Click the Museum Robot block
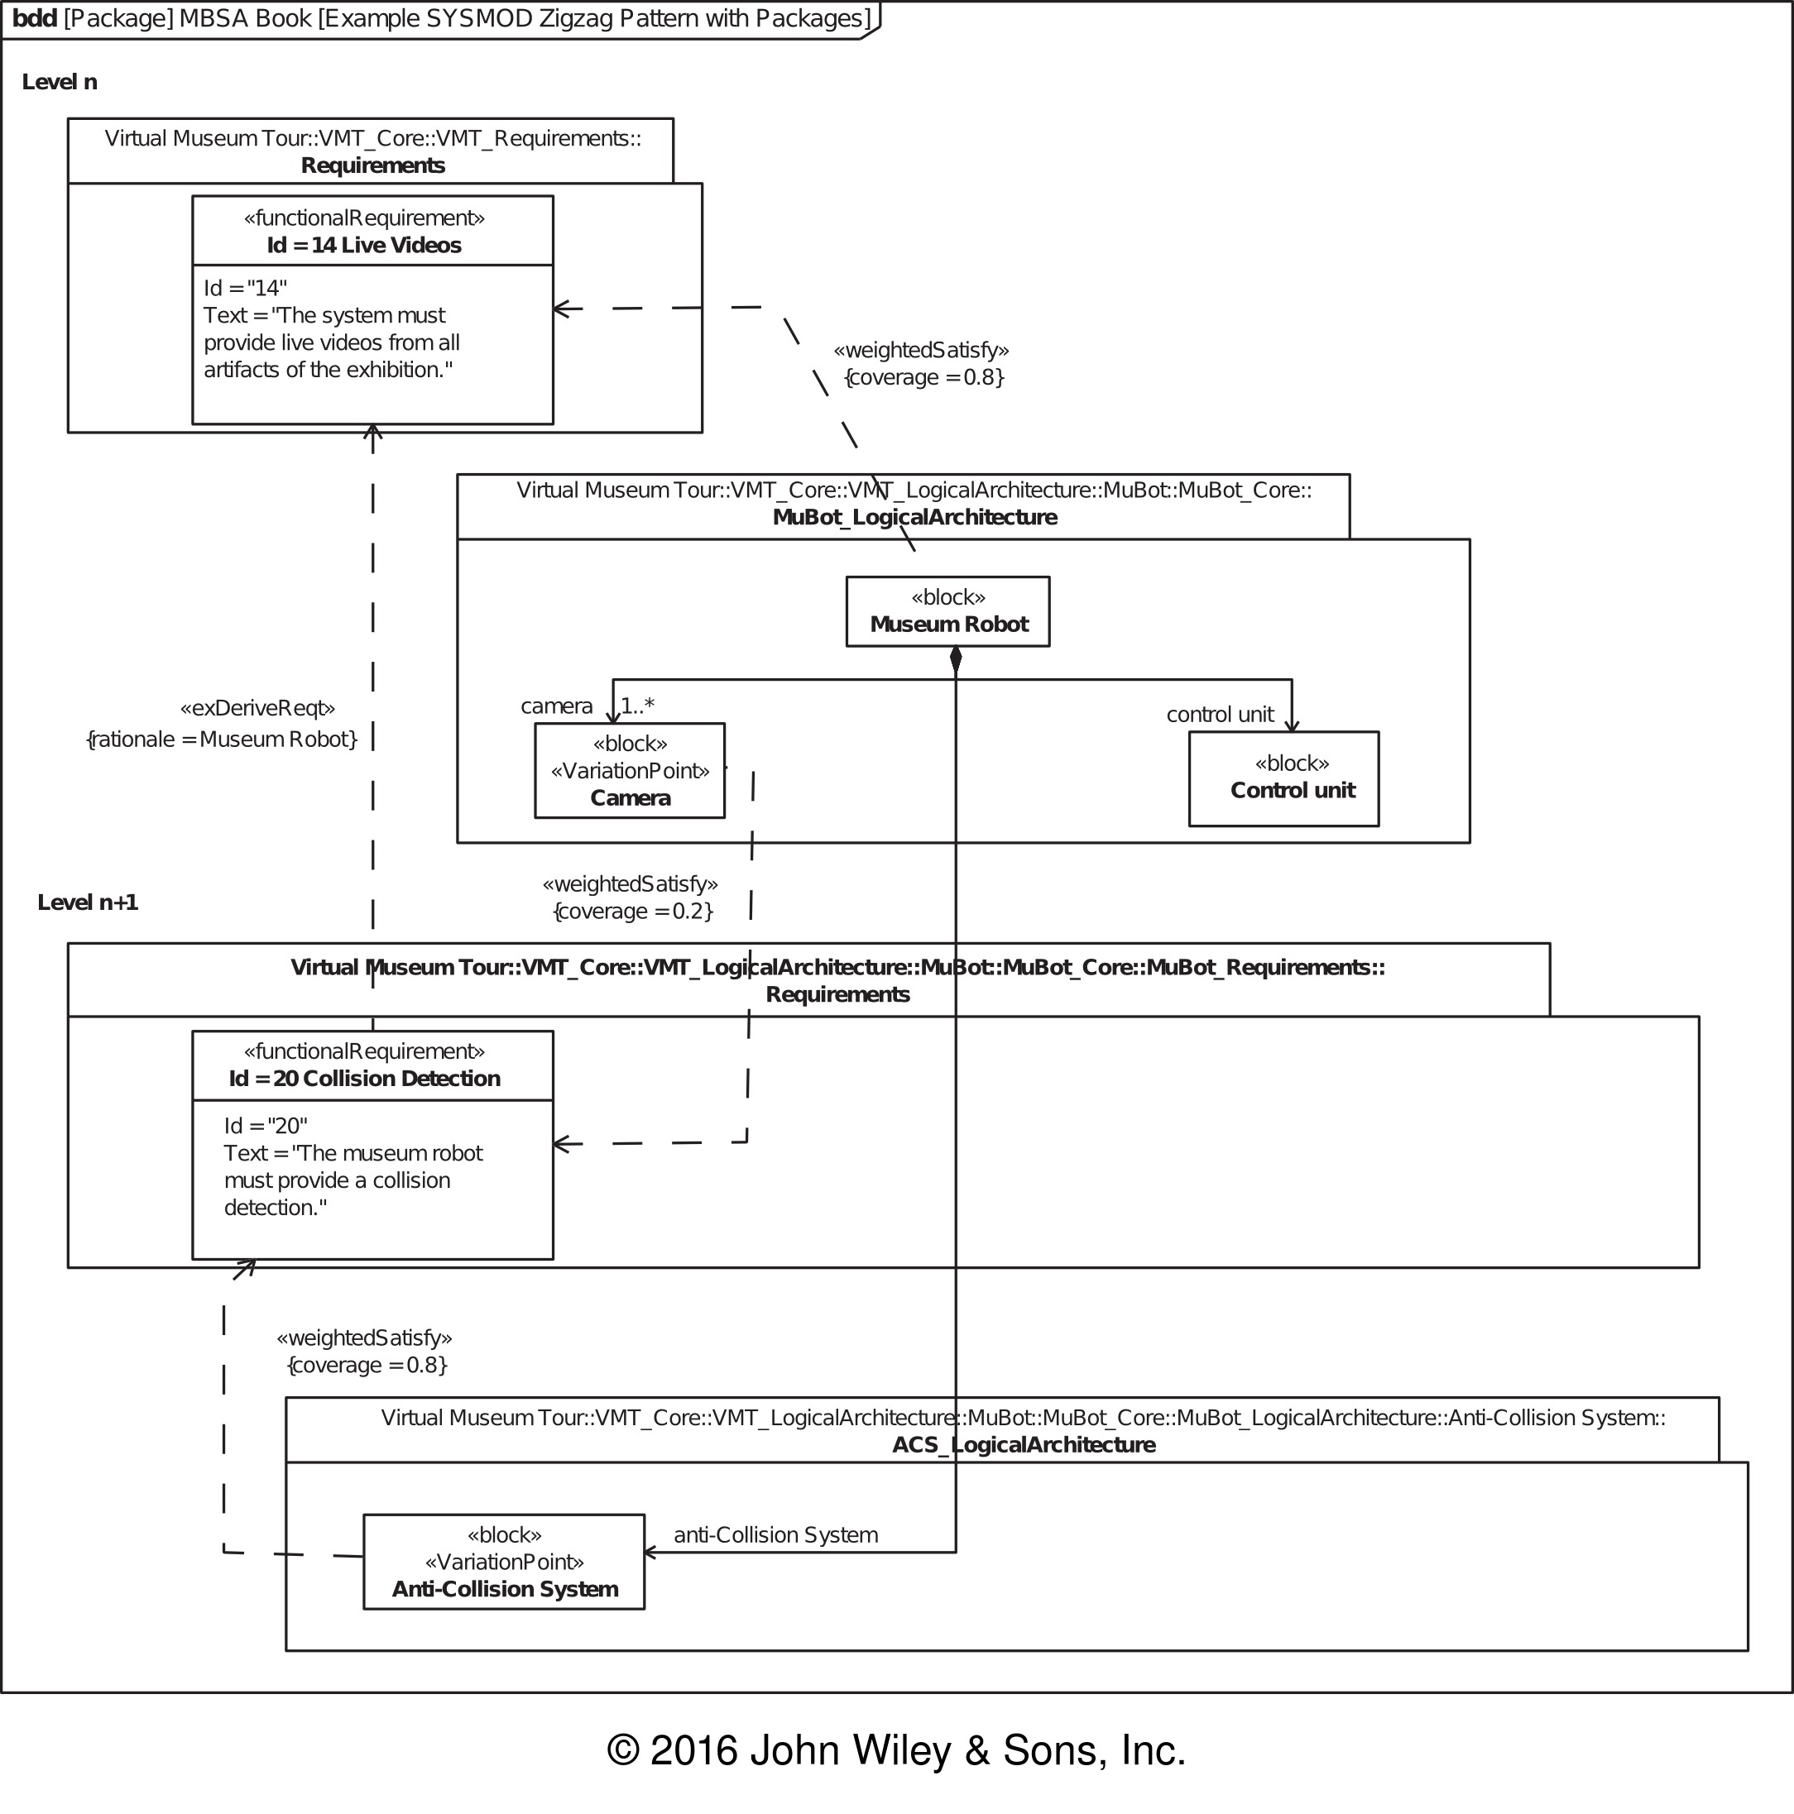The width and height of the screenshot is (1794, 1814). (947, 611)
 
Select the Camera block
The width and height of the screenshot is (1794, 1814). (630, 770)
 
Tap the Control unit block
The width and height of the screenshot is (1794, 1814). (1284, 778)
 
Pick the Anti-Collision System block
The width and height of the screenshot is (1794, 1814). (505, 1562)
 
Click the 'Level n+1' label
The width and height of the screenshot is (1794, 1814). (88, 902)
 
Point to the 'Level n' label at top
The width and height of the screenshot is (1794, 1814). (60, 82)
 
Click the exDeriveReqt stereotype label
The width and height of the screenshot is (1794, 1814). (257, 708)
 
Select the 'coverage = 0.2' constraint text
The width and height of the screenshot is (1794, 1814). (633, 911)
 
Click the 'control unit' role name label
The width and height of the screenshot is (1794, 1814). (1220, 715)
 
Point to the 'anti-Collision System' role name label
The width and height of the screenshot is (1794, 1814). (776, 1535)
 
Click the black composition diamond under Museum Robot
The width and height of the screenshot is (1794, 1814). (957, 660)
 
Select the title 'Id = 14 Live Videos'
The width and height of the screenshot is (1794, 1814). (364, 245)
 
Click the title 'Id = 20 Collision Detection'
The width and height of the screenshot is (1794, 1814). (364, 1078)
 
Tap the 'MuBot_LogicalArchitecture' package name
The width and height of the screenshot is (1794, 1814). (915, 517)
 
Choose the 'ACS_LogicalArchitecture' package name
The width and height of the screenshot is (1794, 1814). (1024, 1444)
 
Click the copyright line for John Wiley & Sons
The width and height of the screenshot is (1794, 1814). (897, 1750)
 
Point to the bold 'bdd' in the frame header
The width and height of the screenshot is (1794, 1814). (35, 19)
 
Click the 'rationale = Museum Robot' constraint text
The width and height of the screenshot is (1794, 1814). (222, 739)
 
